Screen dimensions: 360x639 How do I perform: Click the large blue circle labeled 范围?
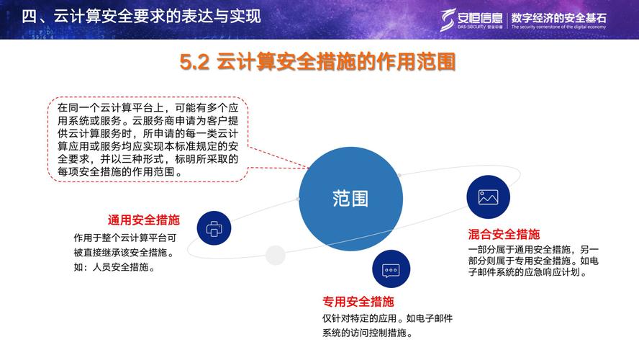click(x=350, y=199)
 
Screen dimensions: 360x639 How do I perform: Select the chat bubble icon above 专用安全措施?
click(x=391, y=271)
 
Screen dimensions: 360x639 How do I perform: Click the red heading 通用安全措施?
click(x=144, y=220)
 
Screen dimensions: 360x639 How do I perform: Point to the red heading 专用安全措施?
click(x=358, y=302)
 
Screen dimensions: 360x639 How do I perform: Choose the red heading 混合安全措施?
click(x=504, y=234)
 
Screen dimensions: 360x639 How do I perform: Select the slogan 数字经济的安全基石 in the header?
click(x=558, y=17)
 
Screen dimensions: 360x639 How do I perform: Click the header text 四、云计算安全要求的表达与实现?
click(x=140, y=16)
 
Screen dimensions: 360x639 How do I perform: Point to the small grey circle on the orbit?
click(x=275, y=254)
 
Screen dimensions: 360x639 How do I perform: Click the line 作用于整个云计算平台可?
click(x=124, y=237)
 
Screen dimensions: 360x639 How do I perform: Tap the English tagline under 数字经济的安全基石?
click(x=558, y=27)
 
